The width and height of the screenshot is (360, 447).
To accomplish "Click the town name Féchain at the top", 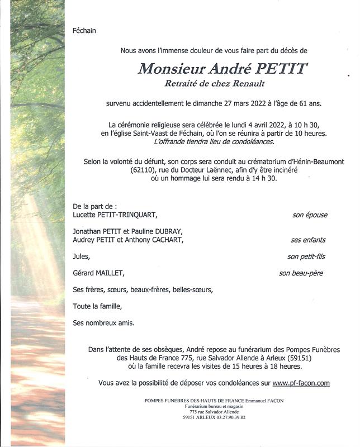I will (x=84, y=31).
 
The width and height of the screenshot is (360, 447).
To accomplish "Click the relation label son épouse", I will (x=310, y=215).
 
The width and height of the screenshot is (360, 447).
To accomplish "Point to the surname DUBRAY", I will (x=167, y=231).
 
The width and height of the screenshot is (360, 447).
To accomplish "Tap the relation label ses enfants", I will (x=308, y=240).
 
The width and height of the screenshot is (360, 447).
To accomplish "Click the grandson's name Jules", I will (x=81, y=256).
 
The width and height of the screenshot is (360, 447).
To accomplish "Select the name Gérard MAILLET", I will (x=98, y=273).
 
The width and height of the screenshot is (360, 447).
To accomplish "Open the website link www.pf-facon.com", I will (x=301, y=383).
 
